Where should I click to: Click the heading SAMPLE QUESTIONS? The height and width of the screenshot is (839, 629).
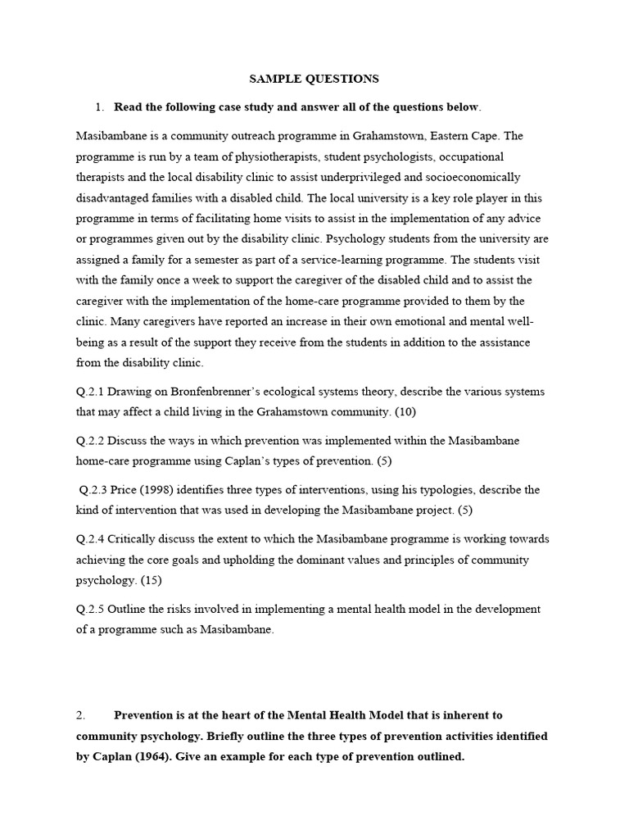tap(314, 79)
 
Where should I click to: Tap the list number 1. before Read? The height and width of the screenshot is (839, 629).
tap(100, 107)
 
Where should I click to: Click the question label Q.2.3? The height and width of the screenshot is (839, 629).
tap(97, 490)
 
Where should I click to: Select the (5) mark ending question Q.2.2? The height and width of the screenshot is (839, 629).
tap(383, 461)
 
